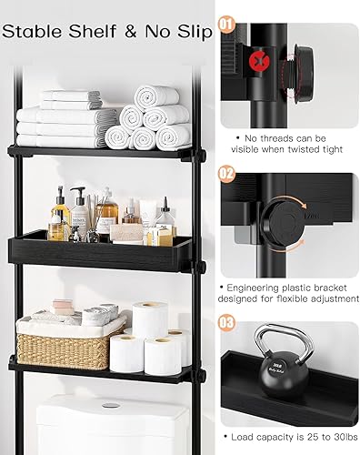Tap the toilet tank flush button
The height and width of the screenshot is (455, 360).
point(111,405)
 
